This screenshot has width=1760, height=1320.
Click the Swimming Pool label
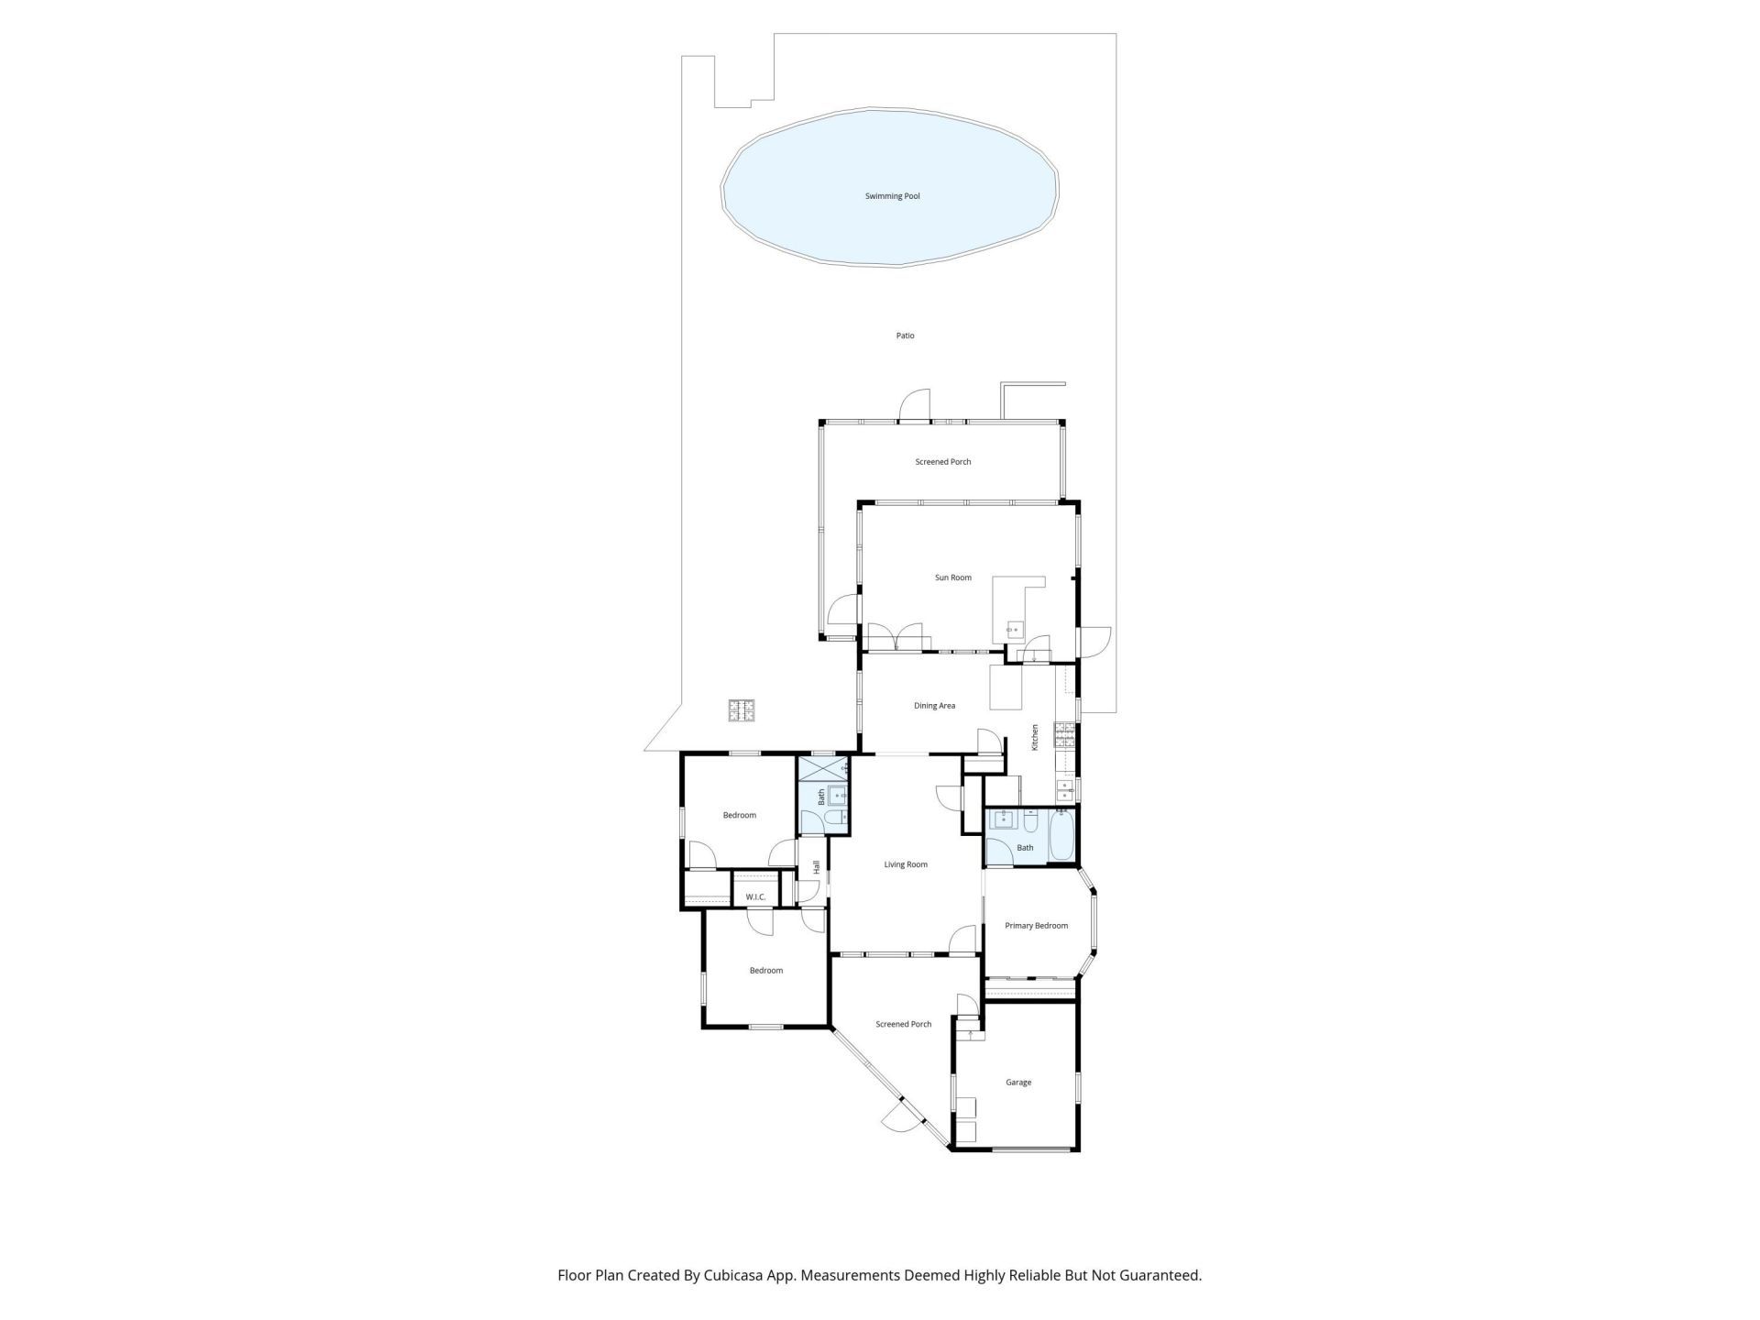pos(892,196)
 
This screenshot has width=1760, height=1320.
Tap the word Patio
pos(905,335)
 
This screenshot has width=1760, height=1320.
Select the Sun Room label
pos(952,577)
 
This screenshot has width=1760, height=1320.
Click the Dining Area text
pos(934,706)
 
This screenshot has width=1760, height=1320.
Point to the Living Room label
pos(905,864)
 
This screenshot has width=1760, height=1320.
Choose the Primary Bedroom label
pos(1036,926)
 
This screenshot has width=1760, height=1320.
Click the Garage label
pos(1017,1083)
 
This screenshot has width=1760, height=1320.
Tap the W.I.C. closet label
pos(755,896)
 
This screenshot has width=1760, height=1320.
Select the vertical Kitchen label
pos(1035,737)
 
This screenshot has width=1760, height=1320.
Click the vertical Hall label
pos(816,866)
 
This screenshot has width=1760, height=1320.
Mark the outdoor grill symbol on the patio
pos(742,710)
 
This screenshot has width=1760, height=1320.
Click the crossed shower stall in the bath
pos(823,768)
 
